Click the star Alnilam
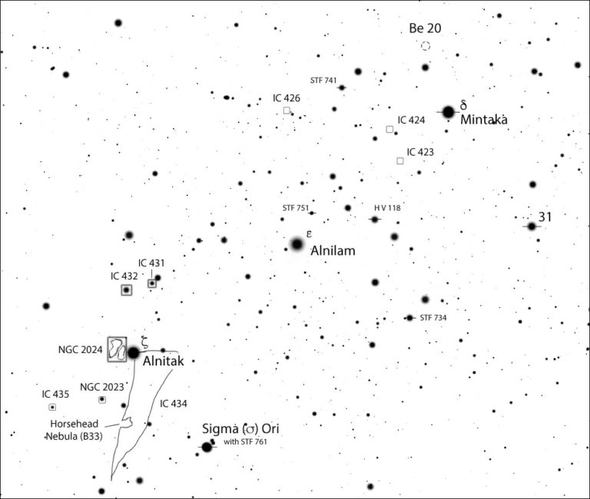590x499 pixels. (x=297, y=244)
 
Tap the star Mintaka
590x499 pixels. (x=448, y=112)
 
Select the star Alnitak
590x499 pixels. (x=133, y=352)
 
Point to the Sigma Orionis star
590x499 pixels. (x=207, y=447)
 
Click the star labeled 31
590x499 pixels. (x=531, y=226)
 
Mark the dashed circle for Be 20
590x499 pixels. (x=426, y=46)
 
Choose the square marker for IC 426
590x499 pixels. (x=287, y=111)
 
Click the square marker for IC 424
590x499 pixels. (x=389, y=129)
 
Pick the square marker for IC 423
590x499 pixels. (x=399, y=160)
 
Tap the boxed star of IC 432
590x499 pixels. (x=126, y=290)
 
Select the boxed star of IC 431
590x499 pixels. (x=152, y=283)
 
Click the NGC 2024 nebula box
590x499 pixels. (x=117, y=348)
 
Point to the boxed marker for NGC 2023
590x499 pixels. (x=101, y=400)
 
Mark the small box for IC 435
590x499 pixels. (x=52, y=407)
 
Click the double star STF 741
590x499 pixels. (x=342, y=88)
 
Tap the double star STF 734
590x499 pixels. (x=409, y=318)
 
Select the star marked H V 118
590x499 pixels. (x=374, y=220)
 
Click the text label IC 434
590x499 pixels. (x=174, y=403)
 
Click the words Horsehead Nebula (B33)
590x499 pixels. (x=75, y=429)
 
